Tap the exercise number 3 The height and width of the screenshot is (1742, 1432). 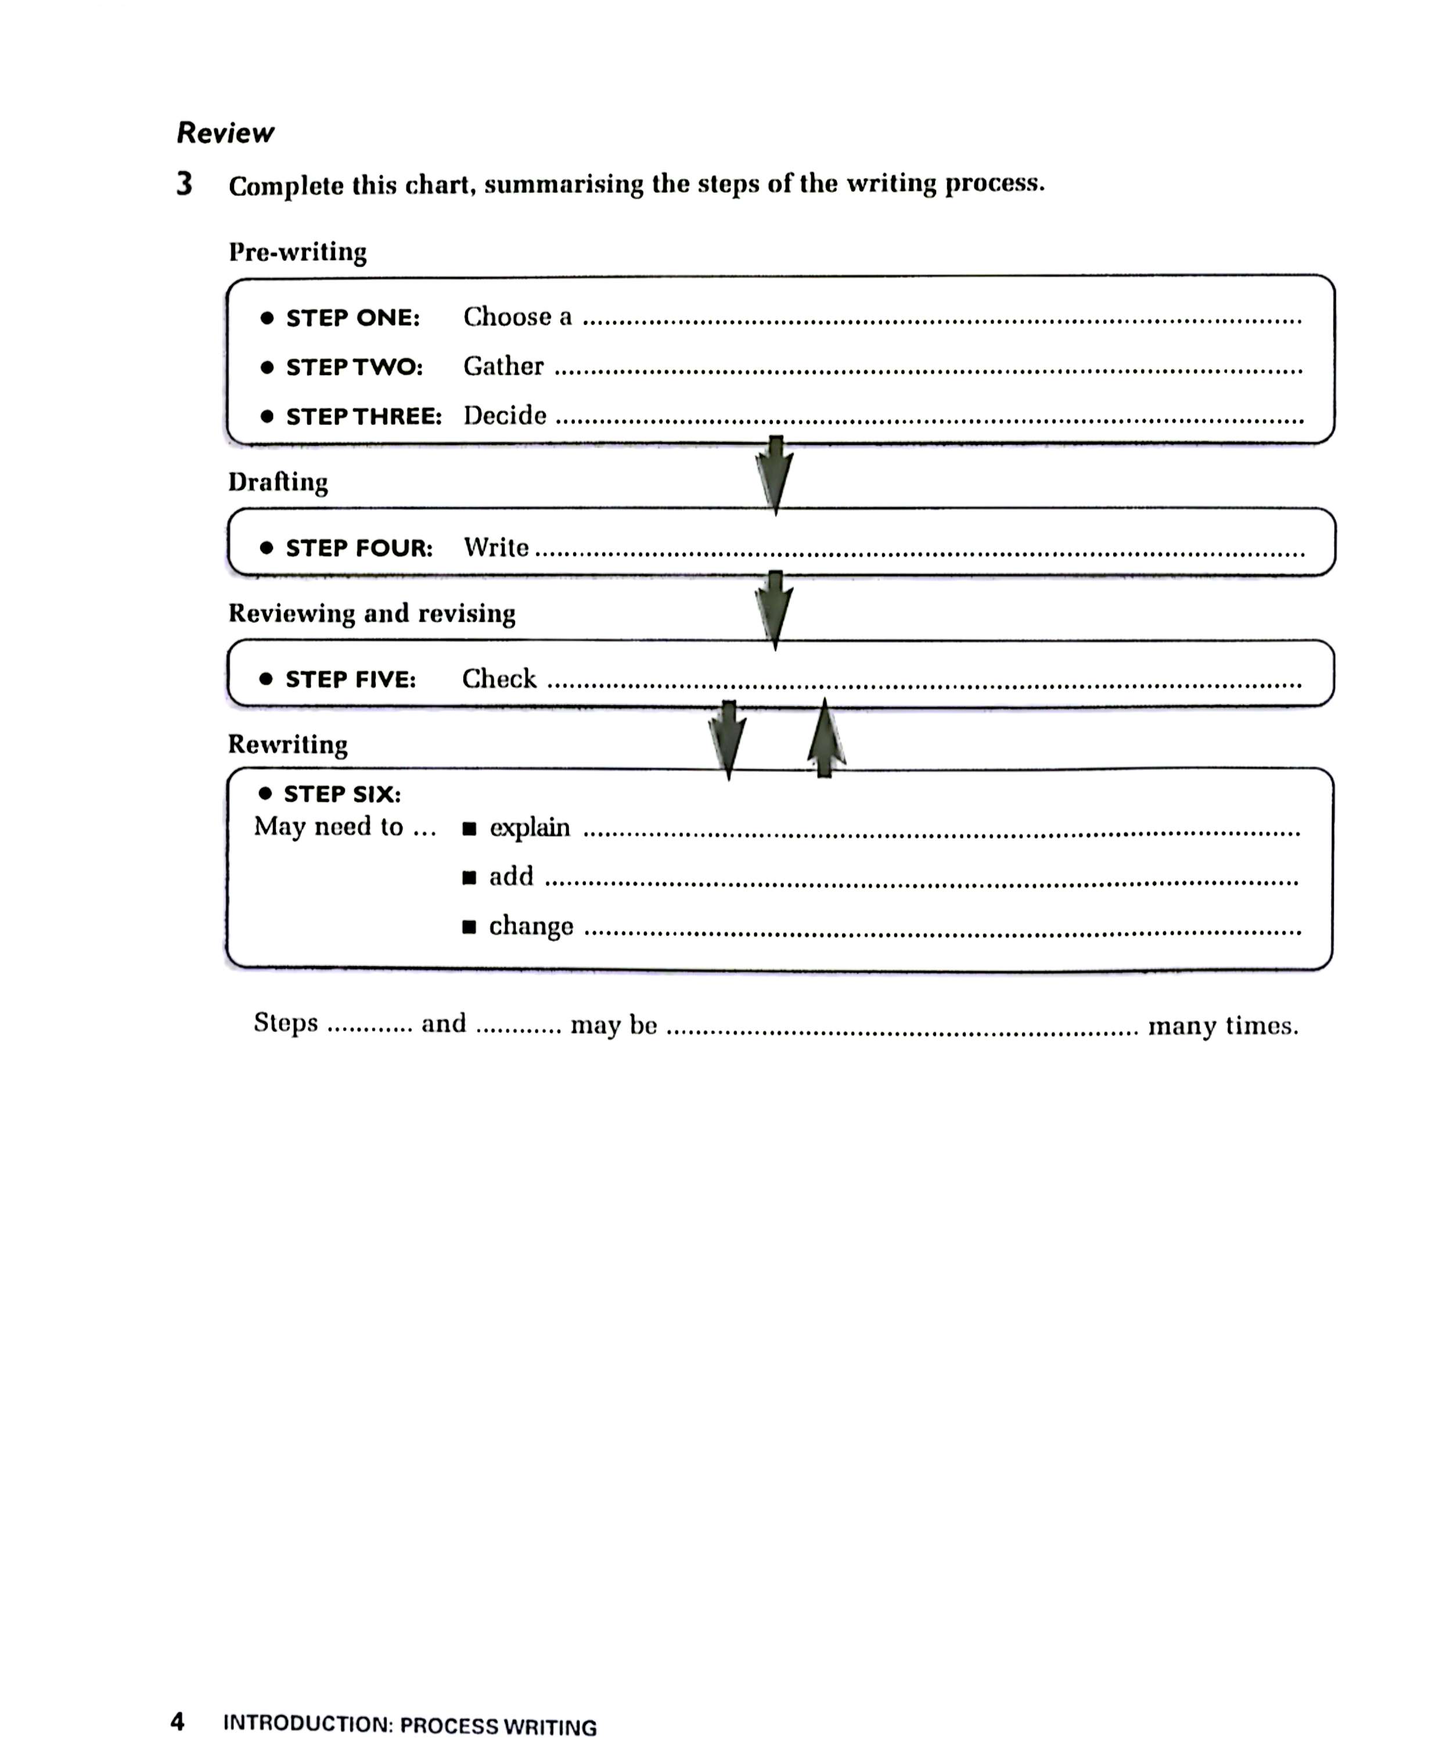(x=184, y=184)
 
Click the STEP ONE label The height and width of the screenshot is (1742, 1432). (x=352, y=318)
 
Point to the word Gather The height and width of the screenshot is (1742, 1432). (x=503, y=366)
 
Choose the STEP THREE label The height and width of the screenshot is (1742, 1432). (x=364, y=416)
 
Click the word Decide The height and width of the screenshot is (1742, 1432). (x=504, y=415)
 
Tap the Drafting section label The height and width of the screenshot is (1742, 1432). (x=278, y=482)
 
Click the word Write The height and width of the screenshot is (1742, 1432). (x=496, y=547)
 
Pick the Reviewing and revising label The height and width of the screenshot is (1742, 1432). (x=372, y=613)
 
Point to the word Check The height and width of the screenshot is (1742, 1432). (x=498, y=679)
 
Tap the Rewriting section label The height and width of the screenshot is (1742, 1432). (x=288, y=744)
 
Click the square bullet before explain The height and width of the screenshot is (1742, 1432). (x=469, y=828)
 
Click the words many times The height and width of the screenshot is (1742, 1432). (x=1222, y=1025)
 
